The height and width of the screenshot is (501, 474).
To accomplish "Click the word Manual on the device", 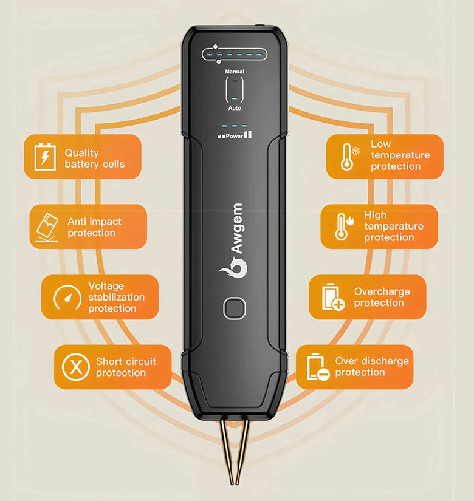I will point(235,72).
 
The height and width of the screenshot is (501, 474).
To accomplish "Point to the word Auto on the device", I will point(235,108).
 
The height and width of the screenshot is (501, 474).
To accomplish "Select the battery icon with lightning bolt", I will point(44,157).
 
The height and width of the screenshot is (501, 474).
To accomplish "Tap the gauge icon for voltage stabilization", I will point(67,297).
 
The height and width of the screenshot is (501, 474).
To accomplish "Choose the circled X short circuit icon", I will point(76,367).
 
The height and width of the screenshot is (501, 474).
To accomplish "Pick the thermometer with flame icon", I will point(342,226).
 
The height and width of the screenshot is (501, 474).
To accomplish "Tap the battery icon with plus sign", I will point(332,297).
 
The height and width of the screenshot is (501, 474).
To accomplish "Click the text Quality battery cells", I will point(94,158).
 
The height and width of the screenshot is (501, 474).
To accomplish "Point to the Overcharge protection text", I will point(382,297).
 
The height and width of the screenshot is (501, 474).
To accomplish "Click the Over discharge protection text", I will point(372,366).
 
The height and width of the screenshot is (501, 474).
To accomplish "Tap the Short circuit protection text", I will point(126,367).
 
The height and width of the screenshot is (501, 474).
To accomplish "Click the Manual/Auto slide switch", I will point(235,90).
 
